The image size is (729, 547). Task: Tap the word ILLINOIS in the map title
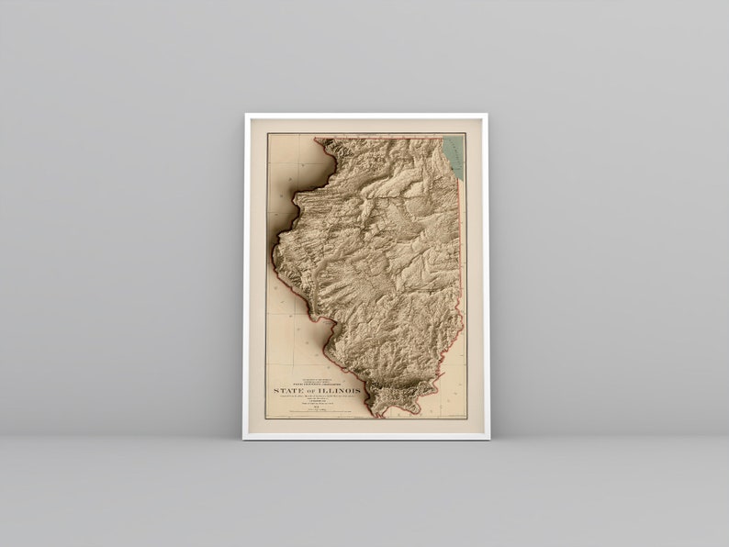[x=339, y=391]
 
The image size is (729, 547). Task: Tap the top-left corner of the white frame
[x=245, y=114]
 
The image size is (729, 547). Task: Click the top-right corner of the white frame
[x=488, y=114]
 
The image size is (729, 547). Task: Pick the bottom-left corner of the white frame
[x=244, y=439]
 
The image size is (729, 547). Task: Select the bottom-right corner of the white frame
[x=488, y=439]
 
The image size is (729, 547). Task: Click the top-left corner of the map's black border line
[x=267, y=134]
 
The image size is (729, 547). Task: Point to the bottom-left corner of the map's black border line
[x=267, y=419]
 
